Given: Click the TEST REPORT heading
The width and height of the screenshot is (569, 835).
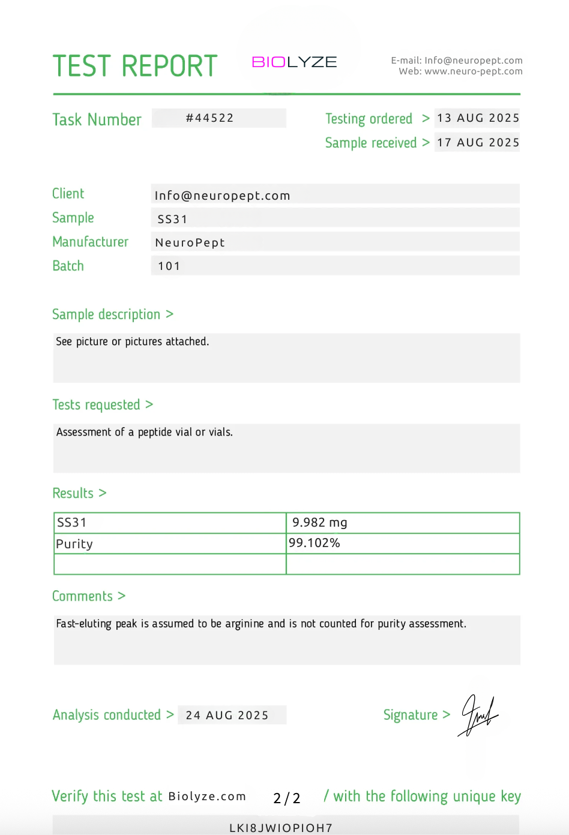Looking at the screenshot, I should (134, 66).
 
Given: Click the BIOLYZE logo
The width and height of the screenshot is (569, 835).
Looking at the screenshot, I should (294, 62).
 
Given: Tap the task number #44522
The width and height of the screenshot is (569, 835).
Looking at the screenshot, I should (209, 118).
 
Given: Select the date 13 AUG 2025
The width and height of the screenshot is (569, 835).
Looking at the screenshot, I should (478, 118).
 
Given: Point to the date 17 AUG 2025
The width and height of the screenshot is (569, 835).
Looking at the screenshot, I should (478, 143).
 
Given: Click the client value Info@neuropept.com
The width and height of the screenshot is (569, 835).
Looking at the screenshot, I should (222, 196).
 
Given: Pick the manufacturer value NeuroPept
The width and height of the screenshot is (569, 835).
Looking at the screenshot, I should (190, 242).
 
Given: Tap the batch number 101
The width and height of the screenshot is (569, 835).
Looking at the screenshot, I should (169, 266).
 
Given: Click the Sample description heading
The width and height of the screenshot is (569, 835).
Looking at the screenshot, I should (106, 314).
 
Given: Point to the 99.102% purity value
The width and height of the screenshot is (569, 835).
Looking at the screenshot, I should (314, 543).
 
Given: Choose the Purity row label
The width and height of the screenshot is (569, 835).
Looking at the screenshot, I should (74, 544).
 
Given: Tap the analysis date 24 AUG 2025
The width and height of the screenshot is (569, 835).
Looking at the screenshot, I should (227, 715).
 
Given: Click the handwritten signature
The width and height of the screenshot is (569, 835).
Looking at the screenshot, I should (478, 715).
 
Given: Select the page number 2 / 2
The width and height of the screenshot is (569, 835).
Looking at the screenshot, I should (286, 798).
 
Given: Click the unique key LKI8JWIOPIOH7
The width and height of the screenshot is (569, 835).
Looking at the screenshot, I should (281, 828).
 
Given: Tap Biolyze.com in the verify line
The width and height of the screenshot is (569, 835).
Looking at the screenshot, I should (207, 797).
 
